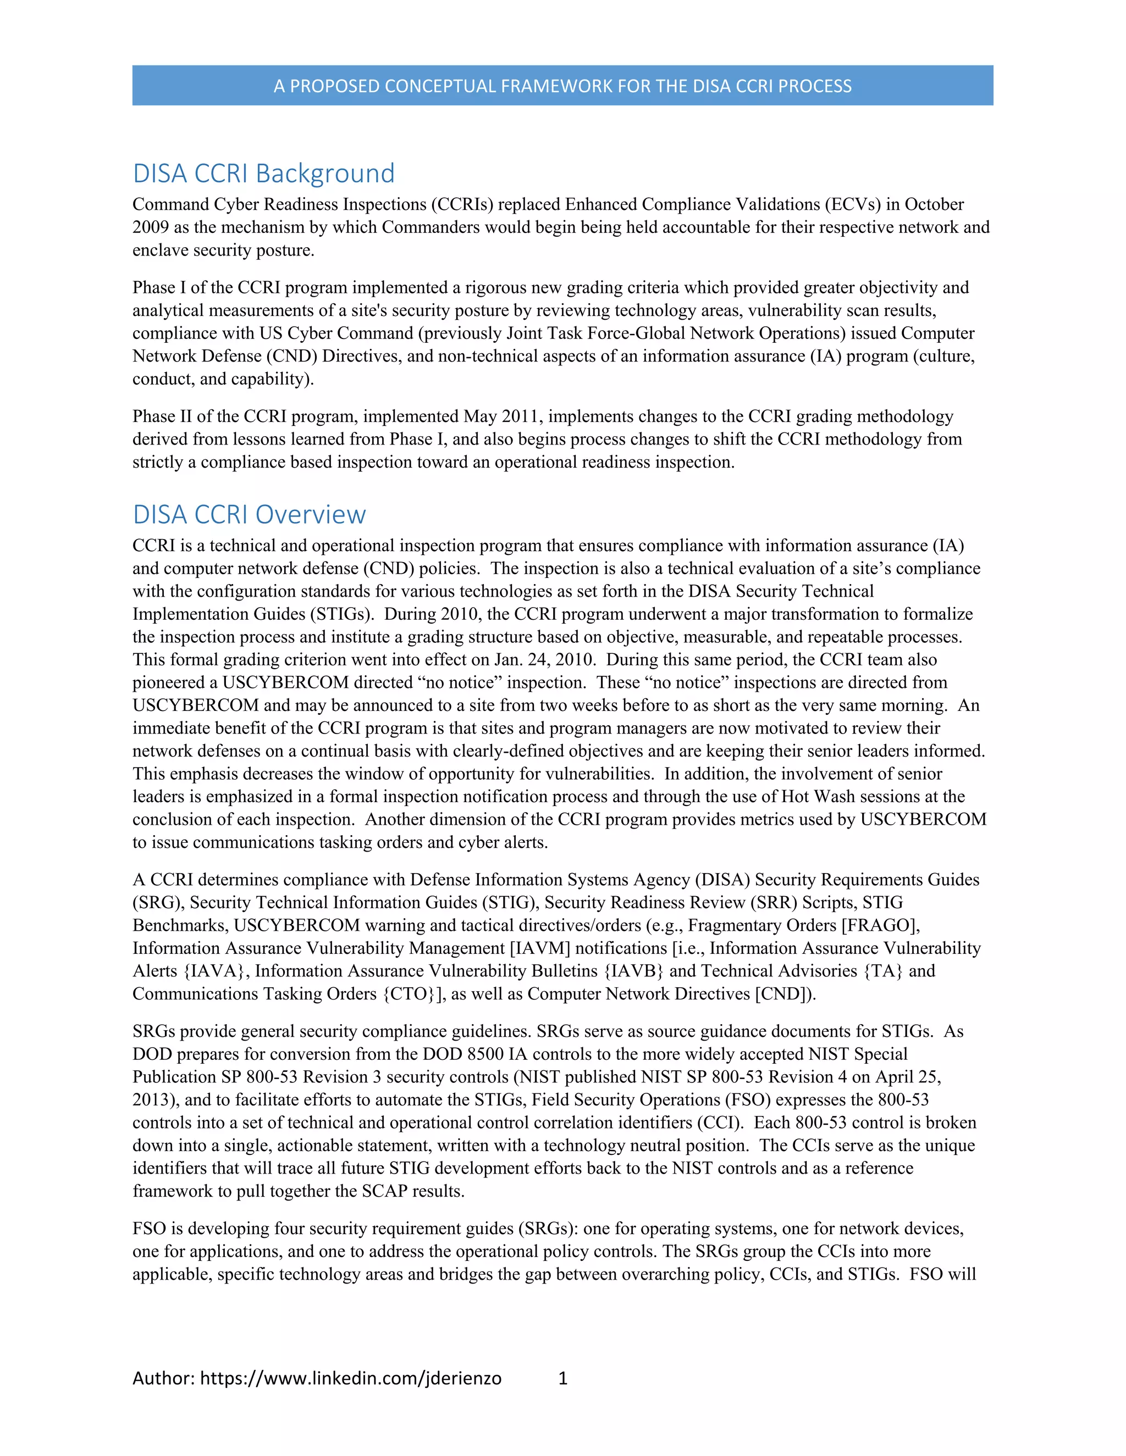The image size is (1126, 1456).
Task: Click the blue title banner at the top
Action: coord(562,85)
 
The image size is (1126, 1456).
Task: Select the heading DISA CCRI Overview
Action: coord(249,515)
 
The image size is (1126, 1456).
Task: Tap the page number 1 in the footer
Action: coord(562,1378)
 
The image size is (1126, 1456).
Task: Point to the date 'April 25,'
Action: coord(907,1077)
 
